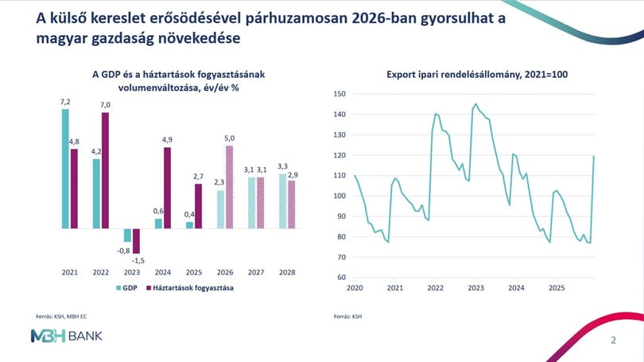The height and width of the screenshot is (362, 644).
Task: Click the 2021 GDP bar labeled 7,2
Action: pyautogui.click(x=65, y=169)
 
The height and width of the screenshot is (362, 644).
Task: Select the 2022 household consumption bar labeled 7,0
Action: pyautogui.click(x=105, y=170)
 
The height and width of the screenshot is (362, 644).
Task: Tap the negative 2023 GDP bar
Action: pyautogui.click(x=127, y=235)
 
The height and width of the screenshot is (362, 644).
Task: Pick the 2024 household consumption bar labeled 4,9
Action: pyautogui.click(x=167, y=188)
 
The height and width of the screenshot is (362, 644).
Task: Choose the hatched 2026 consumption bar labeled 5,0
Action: pyautogui.click(x=229, y=187)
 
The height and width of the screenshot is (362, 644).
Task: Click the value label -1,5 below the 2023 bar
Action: pyautogui.click(x=138, y=260)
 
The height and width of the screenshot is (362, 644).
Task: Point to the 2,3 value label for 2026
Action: pyautogui.click(x=219, y=182)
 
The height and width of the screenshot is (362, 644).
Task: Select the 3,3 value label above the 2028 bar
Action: pyautogui.click(x=282, y=166)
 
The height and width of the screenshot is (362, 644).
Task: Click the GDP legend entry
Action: pyautogui.click(x=126, y=288)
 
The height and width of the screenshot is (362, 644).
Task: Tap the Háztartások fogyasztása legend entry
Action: pyautogui.click(x=190, y=288)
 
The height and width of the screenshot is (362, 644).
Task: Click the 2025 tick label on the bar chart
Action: pyautogui.click(x=194, y=272)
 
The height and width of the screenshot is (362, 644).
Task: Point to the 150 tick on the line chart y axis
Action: pyautogui.click(x=339, y=94)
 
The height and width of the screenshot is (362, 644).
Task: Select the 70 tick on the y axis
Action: pyautogui.click(x=341, y=257)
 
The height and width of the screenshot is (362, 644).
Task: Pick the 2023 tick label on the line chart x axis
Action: pyautogui.click(x=475, y=288)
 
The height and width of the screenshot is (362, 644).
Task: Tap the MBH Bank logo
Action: pyautogui.click(x=66, y=336)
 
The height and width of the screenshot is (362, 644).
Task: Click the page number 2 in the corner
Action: pyautogui.click(x=614, y=341)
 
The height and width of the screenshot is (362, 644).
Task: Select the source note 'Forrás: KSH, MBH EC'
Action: pyautogui.click(x=61, y=317)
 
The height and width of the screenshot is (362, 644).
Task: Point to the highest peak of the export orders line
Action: pyautogui.click(x=475, y=104)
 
